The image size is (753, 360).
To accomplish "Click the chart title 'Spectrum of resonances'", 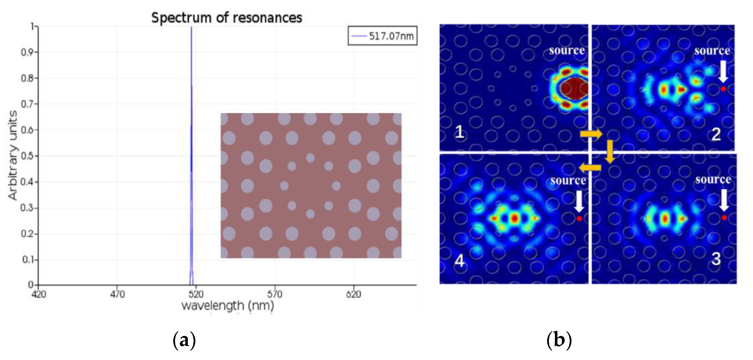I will point(226,18).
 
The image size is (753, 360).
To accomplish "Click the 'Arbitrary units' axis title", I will point(13,155).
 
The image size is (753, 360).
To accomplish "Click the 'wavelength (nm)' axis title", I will point(228,306).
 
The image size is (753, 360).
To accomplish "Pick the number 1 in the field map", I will point(459,132).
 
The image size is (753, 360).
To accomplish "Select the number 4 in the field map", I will point(459,261).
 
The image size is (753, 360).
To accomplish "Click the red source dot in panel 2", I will point(723,89).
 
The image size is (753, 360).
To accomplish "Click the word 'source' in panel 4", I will point(568,180).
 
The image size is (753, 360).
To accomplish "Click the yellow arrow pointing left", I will point(590,168).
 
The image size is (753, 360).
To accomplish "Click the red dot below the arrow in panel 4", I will point(579,219).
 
